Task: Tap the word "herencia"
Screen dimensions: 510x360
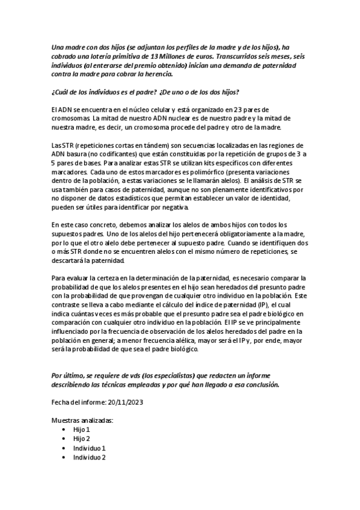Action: [x=157, y=74]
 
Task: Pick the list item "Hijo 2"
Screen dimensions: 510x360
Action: [x=82, y=439]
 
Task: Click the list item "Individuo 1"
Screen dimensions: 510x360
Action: [x=90, y=448]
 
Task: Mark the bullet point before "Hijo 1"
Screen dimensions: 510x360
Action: [x=64, y=430]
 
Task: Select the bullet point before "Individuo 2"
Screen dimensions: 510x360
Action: [x=64, y=457]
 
